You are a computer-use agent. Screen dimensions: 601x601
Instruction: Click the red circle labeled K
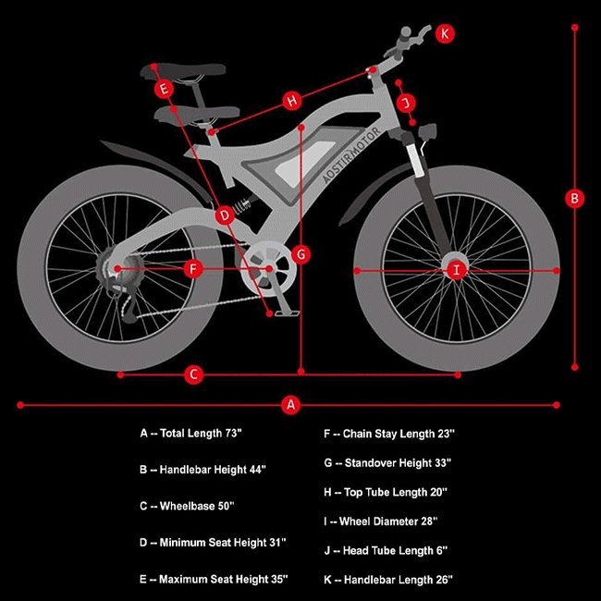pos(445,33)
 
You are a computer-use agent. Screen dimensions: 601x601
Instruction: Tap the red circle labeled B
pos(574,199)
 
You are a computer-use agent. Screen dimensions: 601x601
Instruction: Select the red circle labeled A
pos(291,405)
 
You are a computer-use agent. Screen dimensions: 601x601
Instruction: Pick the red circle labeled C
pos(194,374)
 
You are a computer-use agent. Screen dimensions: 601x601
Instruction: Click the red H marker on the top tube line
pos(292,101)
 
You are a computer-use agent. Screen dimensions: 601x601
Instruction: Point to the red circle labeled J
pos(406,103)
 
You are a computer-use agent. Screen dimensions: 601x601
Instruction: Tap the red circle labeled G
pos(301,254)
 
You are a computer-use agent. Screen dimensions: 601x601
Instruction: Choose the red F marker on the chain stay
pos(193,269)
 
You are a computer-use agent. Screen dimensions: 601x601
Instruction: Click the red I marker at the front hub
pos(457,271)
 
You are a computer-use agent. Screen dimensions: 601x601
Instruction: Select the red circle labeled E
pos(164,89)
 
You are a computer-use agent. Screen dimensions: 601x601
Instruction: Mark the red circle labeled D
pos(225,215)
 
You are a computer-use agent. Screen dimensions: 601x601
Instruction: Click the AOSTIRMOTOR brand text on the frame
pos(351,154)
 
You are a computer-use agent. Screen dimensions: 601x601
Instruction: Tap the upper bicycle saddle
pos(183,72)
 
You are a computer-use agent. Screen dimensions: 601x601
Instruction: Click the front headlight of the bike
pos(428,131)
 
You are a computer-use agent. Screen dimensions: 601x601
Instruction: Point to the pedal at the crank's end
pos(287,314)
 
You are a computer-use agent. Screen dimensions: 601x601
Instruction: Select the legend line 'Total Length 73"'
pos(190,434)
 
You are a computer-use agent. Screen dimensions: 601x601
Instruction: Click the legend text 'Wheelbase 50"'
pos(187,506)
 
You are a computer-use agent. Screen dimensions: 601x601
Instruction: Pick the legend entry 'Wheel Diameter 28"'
pos(381,521)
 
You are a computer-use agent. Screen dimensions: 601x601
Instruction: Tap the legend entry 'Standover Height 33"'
pos(387,463)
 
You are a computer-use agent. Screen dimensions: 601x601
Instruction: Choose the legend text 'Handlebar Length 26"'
pos(388,580)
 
